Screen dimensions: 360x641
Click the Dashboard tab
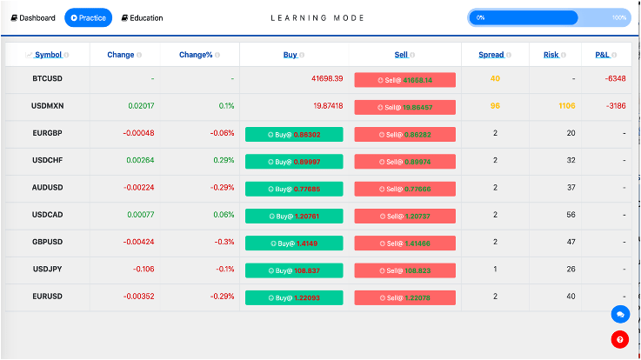[33, 17]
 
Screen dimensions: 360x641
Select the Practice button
[88, 17]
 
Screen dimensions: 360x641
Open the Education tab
[142, 17]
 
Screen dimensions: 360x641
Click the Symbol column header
[48, 55]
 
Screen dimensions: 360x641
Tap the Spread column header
[491, 55]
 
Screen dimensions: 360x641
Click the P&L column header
[602, 55]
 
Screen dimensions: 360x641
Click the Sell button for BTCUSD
[404, 79]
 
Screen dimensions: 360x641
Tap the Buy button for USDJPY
[294, 270]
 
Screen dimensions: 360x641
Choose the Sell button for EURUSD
[404, 297]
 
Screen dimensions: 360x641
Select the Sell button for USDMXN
[404, 107]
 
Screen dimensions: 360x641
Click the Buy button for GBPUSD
[294, 243]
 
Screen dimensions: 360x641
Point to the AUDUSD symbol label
[48, 188]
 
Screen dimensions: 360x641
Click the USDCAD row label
[48, 215]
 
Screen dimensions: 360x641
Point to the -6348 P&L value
[616, 79]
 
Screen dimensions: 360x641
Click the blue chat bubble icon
[620, 314]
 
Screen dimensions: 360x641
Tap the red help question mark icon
[620, 340]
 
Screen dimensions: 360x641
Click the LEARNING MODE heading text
[317, 17]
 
